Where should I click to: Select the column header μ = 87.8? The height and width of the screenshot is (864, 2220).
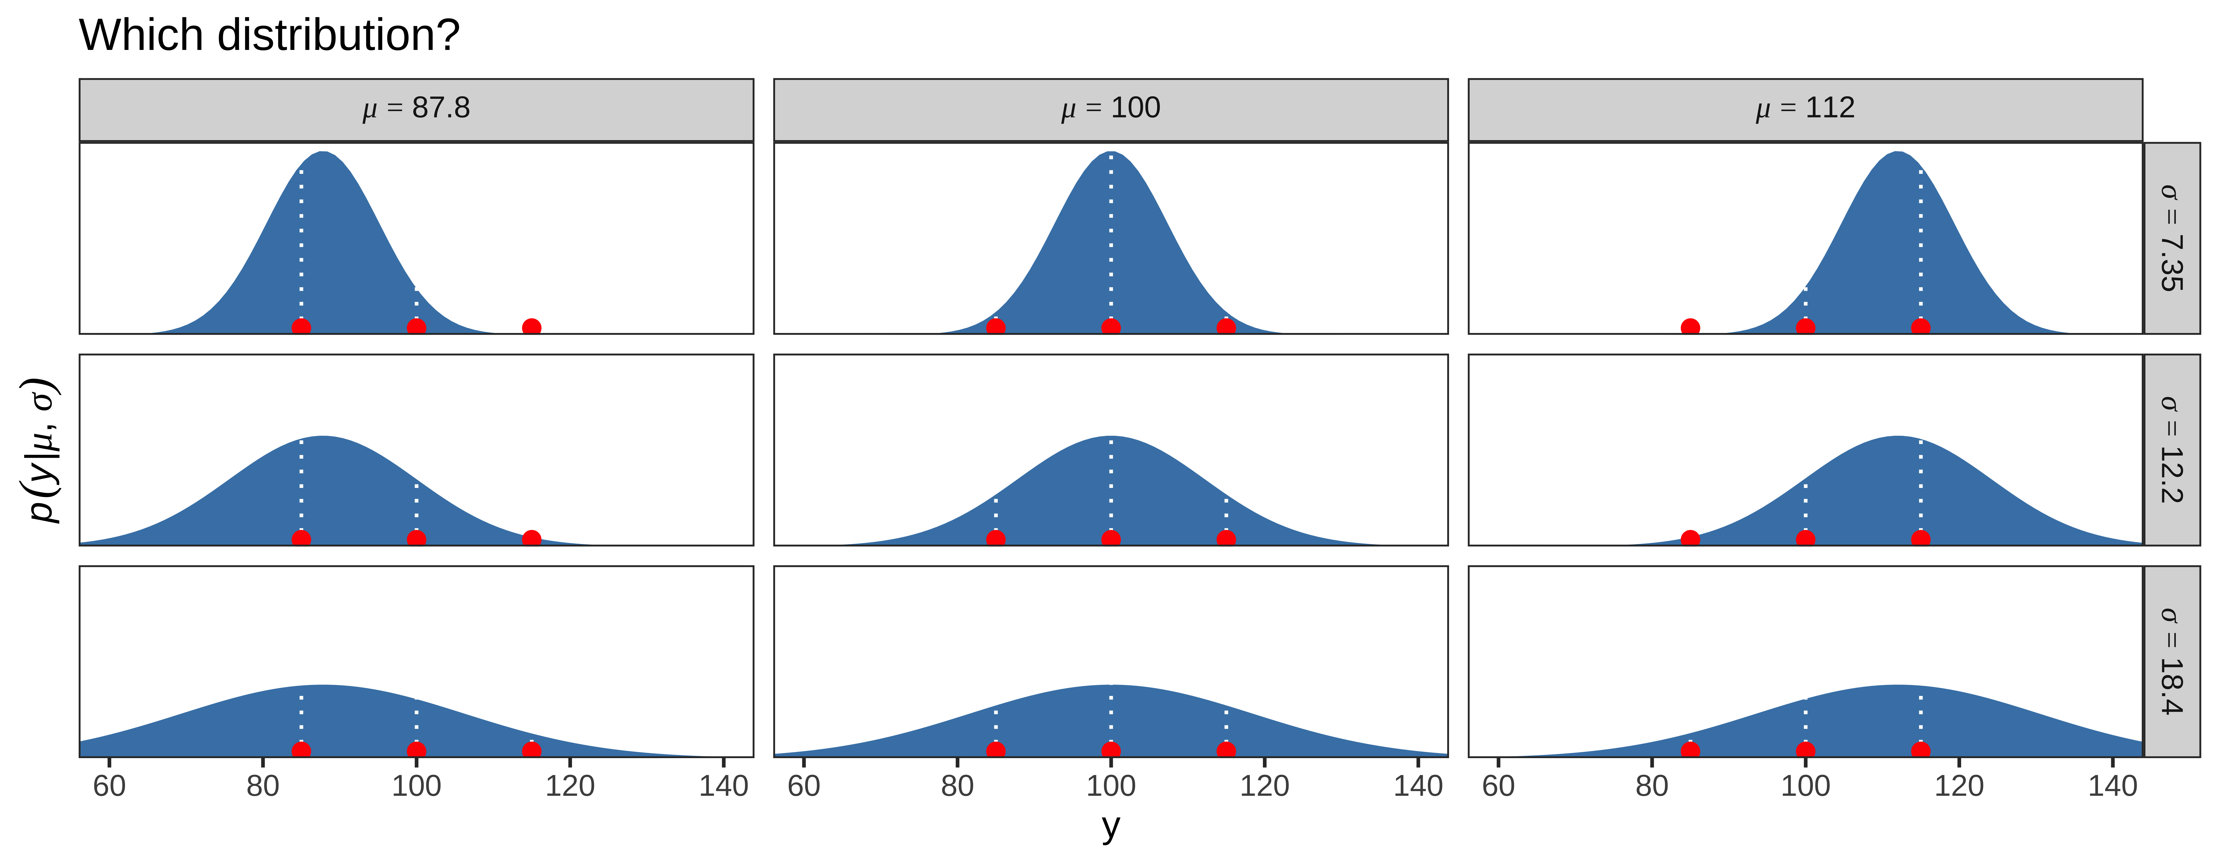[416, 109]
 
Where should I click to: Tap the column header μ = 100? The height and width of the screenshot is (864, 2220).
[1111, 109]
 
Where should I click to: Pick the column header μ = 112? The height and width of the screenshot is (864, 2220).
[1806, 109]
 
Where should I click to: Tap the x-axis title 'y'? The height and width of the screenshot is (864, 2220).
[1111, 826]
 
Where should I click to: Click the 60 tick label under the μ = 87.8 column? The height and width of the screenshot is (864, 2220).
[109, 786]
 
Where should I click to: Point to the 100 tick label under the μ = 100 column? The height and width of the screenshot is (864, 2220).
[1111, 786]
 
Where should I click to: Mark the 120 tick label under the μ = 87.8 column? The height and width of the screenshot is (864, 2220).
[570, 786]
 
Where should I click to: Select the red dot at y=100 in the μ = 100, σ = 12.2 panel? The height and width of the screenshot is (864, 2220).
[1111, 539]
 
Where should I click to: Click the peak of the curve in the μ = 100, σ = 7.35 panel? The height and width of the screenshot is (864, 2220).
[1111, 152]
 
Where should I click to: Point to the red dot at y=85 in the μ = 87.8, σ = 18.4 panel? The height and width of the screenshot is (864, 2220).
[301, 750]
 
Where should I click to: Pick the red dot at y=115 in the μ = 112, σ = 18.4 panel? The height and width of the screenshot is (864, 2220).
[1920, 750]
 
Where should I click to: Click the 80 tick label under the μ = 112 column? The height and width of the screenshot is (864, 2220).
[1652, 786]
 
